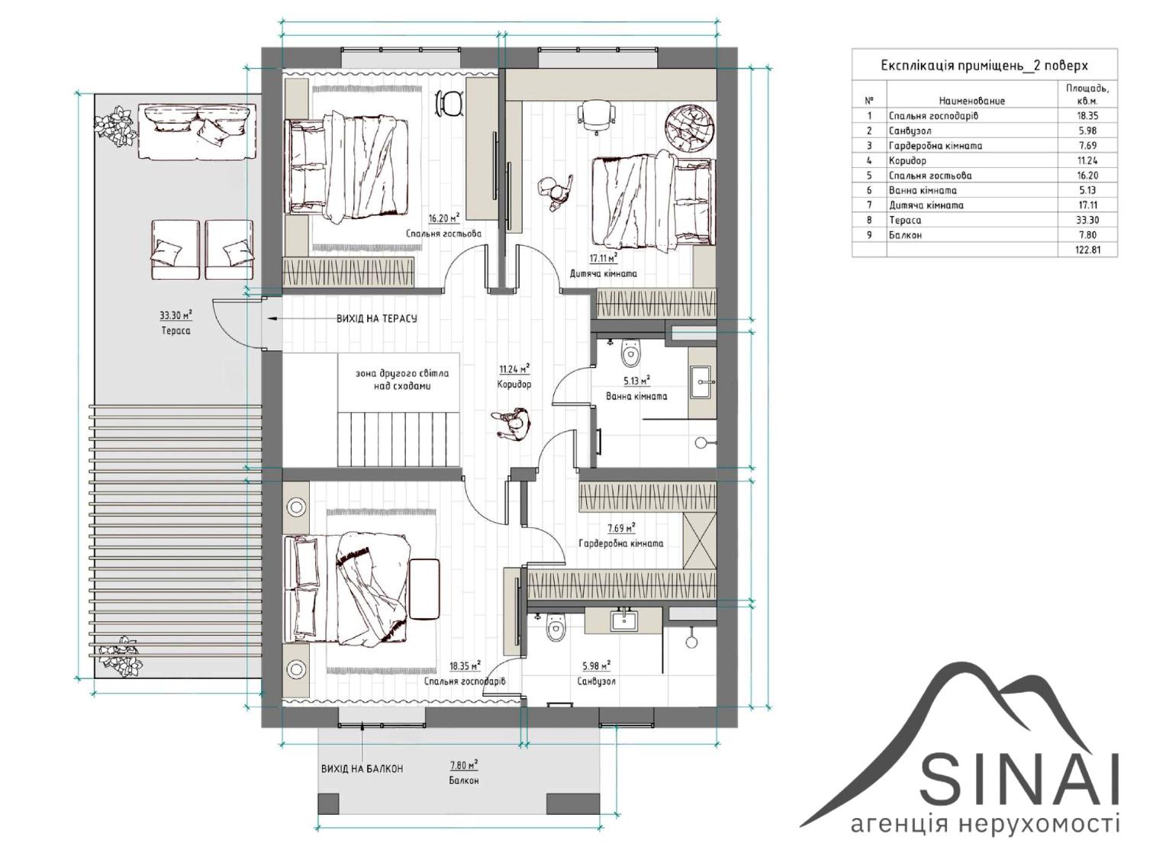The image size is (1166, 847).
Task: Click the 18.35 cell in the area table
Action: click(x=1087, y=115)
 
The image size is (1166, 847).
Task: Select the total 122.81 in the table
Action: click(x=1088, y=250)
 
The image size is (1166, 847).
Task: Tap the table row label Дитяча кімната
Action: click(x=926, y=205)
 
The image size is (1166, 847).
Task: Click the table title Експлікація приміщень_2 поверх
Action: click(x=984, y=66)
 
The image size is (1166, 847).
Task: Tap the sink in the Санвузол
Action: click(x=623, y=620)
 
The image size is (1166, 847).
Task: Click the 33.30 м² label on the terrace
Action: click(x=176, y=315)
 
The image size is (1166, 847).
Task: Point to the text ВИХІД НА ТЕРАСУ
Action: click(x=376, y=318)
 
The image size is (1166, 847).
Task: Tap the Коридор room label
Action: click(x=514, y=385)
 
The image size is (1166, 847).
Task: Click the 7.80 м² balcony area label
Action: click(x=464, y=765)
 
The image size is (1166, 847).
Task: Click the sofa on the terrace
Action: click(x=197, y=131)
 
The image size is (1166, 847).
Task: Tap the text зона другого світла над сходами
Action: click(x=402, y=379)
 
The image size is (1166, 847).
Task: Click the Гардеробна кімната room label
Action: click(x=621, y=543)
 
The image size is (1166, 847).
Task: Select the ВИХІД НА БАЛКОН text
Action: click(x=362, y=768)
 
